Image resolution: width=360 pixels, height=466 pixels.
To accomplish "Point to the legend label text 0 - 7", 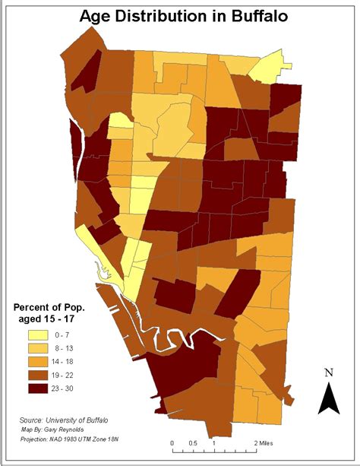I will (68, 335).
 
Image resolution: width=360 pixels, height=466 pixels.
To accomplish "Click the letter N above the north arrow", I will (329, 373).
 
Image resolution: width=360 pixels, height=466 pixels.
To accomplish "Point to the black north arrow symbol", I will (328, 398).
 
